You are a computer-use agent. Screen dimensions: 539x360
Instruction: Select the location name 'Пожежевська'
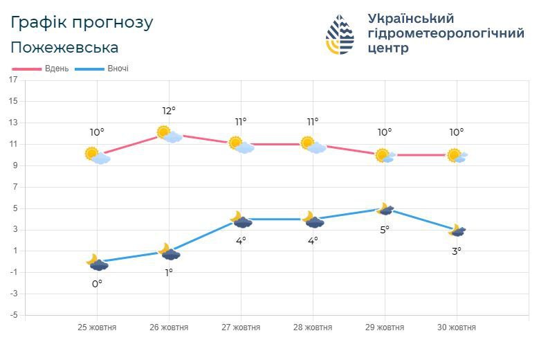(64, 48)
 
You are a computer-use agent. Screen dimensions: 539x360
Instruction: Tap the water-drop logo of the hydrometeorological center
(340, 35)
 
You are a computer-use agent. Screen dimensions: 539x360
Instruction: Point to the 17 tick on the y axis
(13, 80)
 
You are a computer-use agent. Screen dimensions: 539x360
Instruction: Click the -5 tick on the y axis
(12, 315)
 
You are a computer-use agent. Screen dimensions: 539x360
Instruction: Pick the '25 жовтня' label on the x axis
(97, 327)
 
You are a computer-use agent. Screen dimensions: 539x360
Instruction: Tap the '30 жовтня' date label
(457, 327)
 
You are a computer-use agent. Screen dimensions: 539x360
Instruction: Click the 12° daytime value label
(169, 111)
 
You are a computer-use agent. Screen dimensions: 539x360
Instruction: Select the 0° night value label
(98, 284)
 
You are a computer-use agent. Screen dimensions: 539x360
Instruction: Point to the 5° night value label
(385, 229)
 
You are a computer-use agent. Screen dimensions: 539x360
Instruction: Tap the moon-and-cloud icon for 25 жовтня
(98, 262)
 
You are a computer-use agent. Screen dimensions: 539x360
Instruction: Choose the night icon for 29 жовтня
(385, 208)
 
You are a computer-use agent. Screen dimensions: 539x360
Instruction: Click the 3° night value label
(457, 251)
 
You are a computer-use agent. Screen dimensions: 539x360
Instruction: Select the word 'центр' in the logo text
(388, 48)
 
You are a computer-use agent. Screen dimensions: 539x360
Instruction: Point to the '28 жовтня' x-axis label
(313, 327)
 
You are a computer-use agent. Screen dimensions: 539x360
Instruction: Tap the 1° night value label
(169, 273)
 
